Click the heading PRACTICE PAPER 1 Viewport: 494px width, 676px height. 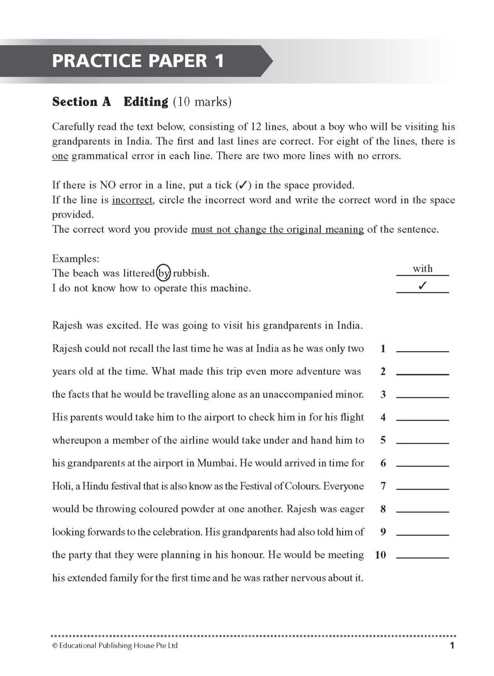138,61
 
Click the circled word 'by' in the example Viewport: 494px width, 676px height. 164,273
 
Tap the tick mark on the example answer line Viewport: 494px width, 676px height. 422,286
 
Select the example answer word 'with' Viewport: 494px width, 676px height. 422,268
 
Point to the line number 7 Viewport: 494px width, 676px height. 383,486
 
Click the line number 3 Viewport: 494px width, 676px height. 383,394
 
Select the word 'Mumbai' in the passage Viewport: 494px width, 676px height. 217,463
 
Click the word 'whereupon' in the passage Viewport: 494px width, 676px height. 77,441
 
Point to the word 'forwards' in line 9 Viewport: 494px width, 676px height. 106,532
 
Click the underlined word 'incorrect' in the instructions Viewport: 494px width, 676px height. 132,200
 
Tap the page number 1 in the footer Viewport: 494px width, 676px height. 452,646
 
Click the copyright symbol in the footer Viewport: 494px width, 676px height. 55,646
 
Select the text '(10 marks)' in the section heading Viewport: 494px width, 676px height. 202,102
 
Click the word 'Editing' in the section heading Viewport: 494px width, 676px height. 146,102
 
